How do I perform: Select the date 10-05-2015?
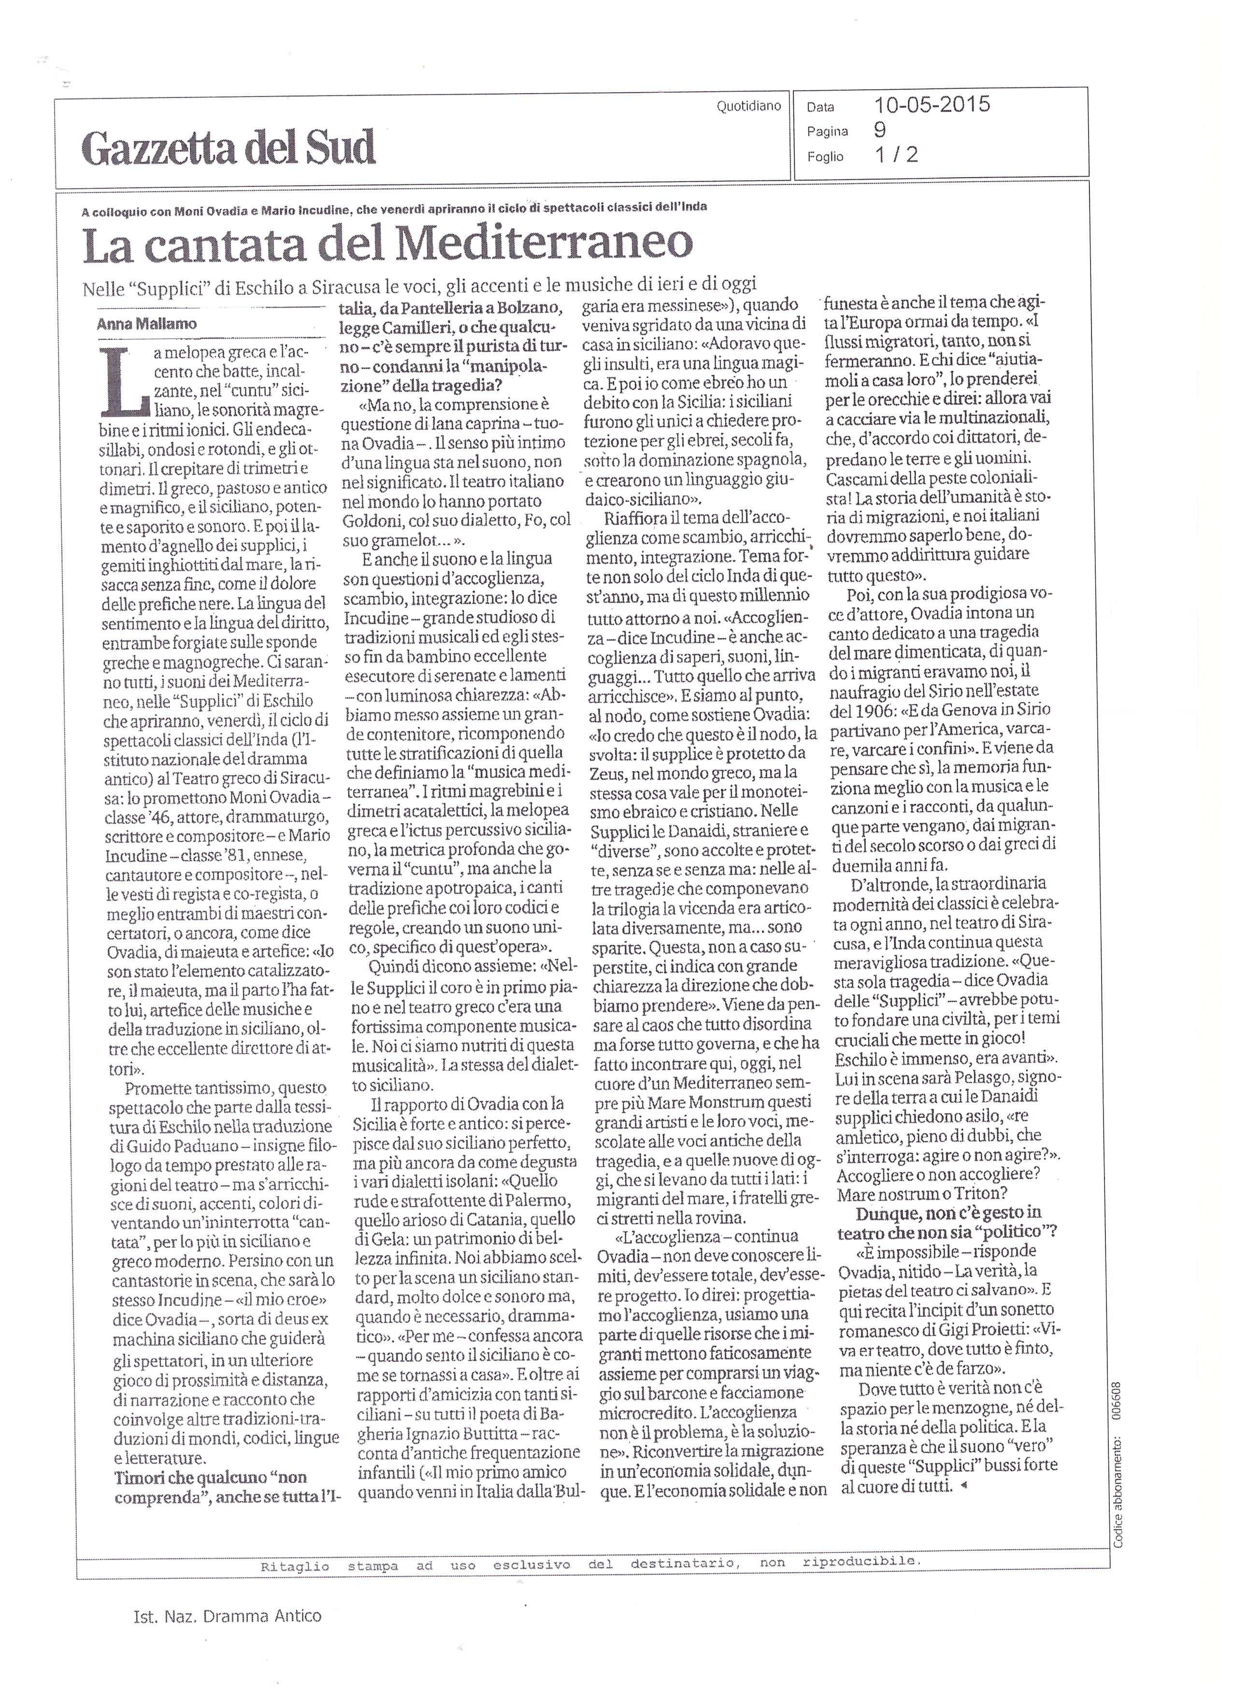(x=932, y=105)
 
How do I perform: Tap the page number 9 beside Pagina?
(x=880, y=130)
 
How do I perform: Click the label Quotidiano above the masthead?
(x=748, y=106)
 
